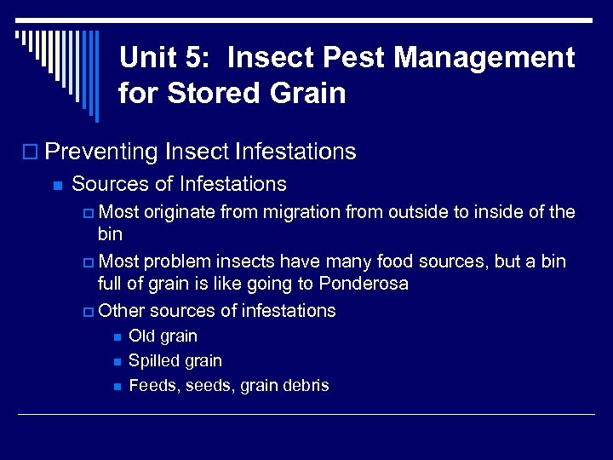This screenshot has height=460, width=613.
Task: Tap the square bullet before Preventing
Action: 33,152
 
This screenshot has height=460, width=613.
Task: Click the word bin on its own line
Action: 111,233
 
